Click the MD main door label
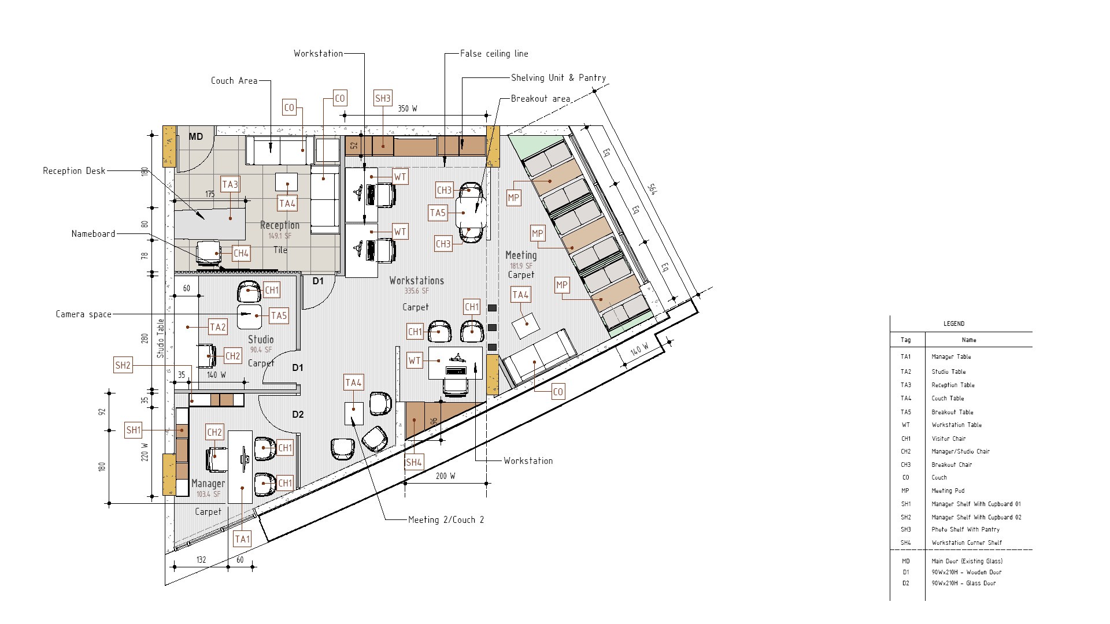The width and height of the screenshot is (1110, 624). [196, 137]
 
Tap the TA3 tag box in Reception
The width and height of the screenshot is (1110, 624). [230, 185]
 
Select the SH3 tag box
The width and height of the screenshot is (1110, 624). [383, 98]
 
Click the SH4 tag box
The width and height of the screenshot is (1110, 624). [414, 462]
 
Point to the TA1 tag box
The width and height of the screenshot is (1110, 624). [242, 539]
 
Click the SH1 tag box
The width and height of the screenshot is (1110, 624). [134, 430]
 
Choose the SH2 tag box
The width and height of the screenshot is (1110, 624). [123, 365]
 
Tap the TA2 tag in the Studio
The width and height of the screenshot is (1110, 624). [218, 327]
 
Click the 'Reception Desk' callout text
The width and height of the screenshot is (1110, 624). [74, 171]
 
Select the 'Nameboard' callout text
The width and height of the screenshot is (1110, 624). [93, 234]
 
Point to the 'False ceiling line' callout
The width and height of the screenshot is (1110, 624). [494, 54]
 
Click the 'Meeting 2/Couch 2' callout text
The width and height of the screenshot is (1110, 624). [446, 520]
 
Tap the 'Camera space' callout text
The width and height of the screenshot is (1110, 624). [83, 314]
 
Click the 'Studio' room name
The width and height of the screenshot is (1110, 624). [261, 339]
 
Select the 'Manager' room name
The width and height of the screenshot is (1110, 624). [208, 484]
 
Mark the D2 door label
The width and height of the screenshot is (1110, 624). [298, 414]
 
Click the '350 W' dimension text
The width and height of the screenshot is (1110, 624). [408, 109]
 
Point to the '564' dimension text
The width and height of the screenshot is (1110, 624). [652, 189]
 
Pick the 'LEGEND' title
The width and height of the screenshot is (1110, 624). [954, 324]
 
